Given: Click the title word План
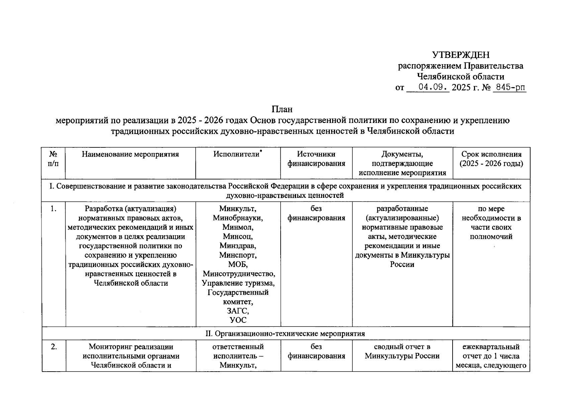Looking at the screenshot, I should point(282,109).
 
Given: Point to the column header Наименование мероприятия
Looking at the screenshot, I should point(130,154).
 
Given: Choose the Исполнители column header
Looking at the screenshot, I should point(237,154).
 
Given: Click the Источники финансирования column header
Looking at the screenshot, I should point(316,159).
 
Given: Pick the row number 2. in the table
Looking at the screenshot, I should point(54,347).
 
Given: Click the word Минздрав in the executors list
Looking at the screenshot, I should point(238,246).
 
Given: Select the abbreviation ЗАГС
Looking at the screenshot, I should point(238,311).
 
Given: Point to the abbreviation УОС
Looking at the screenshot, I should point(238,320).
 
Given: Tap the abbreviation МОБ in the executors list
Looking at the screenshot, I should point(238,265).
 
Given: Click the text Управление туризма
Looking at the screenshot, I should point(238,283).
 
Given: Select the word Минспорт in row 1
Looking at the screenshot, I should point(238,255).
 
